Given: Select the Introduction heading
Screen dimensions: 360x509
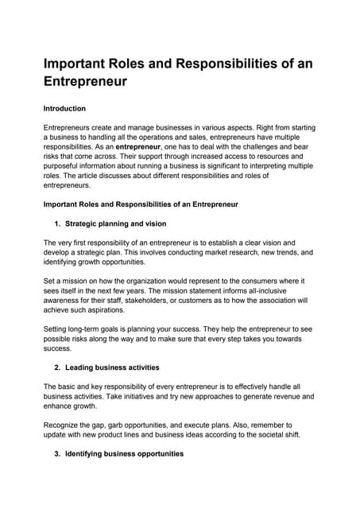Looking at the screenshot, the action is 64,108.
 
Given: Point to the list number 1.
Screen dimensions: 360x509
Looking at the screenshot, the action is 57,223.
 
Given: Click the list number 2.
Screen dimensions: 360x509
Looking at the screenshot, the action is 57,367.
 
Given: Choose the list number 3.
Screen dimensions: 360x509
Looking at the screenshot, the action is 57,453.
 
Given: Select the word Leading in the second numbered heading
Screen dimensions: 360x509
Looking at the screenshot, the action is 81,367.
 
